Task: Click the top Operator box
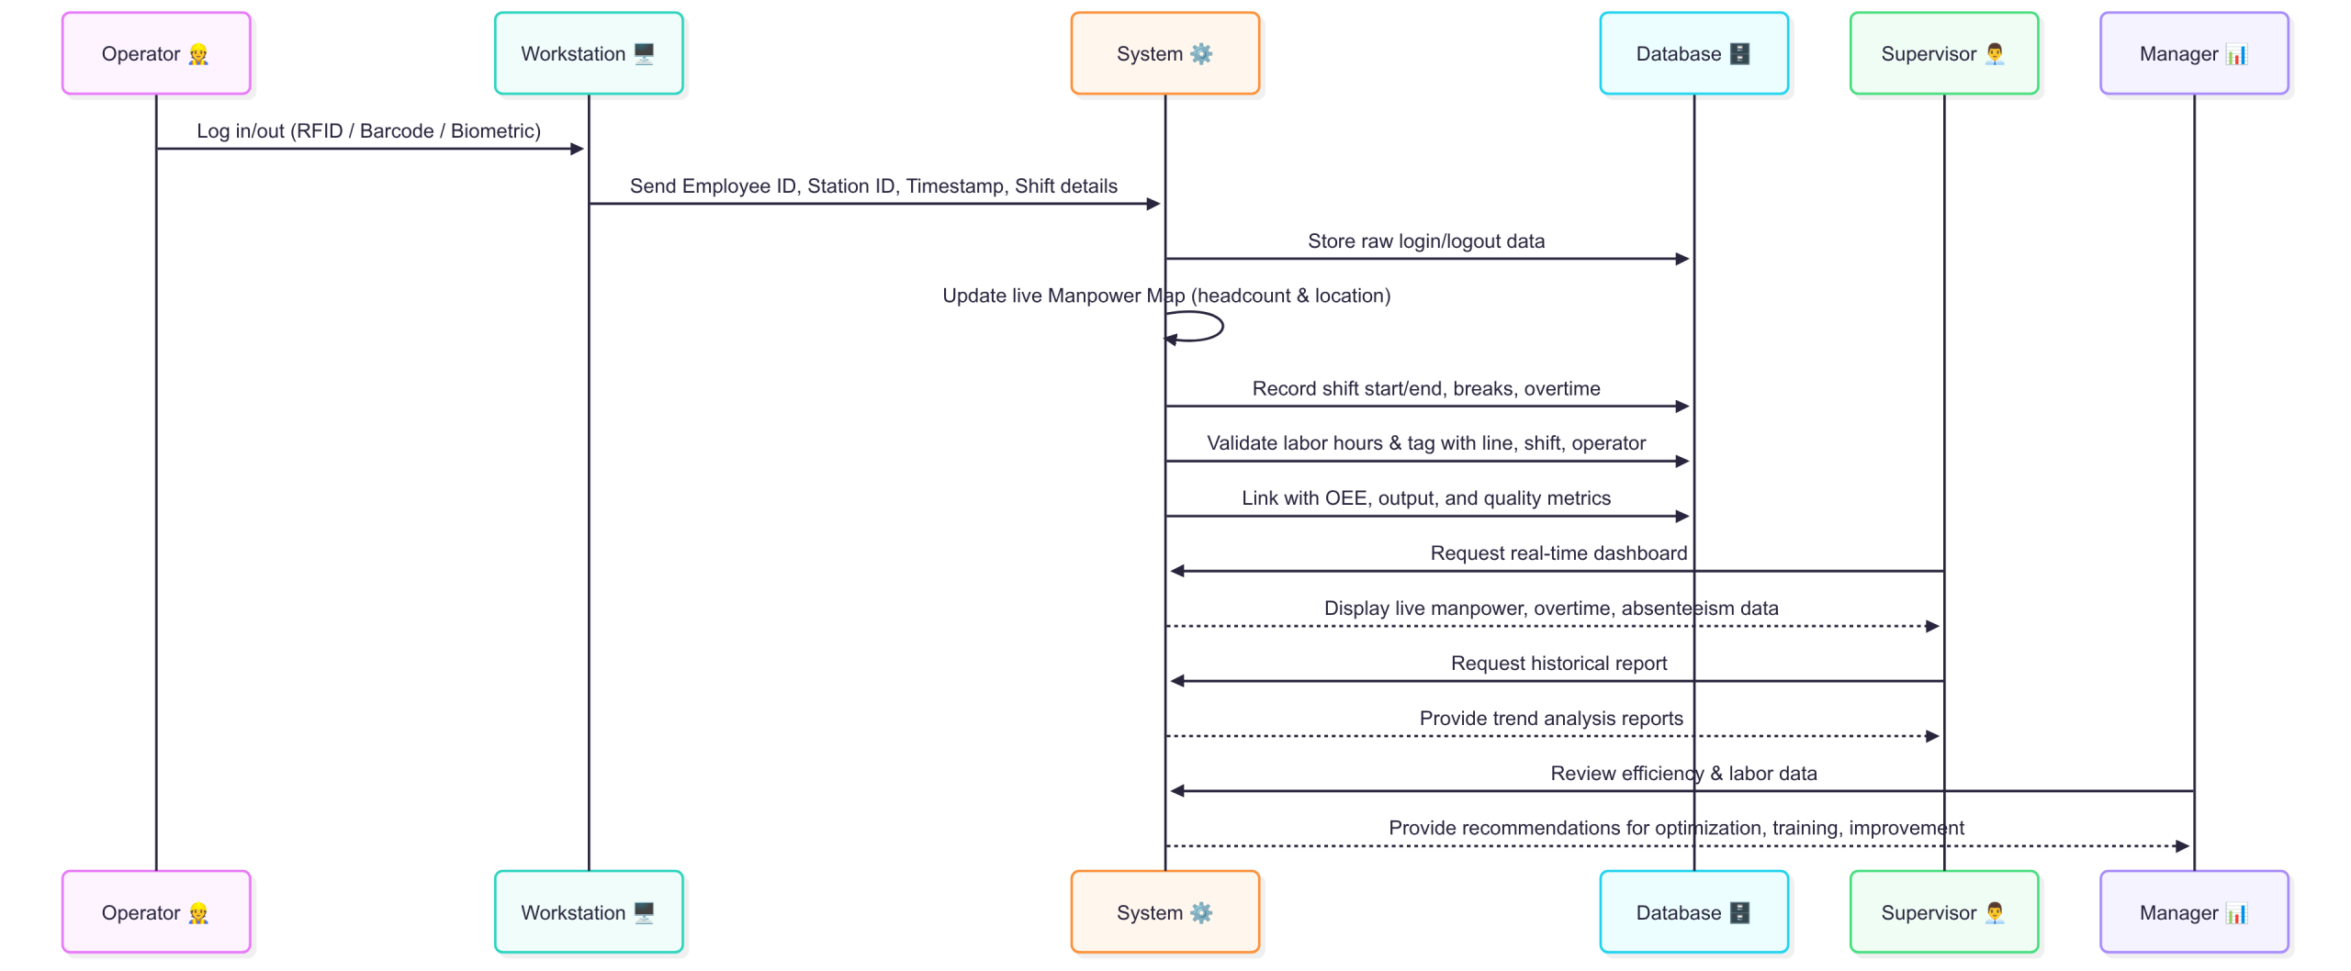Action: [156, 53]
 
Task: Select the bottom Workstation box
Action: [589, 911]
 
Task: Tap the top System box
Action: [1164, 53]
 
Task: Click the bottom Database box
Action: [1693, 911]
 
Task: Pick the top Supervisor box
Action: [1944, 53]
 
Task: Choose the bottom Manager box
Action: [2194, 911]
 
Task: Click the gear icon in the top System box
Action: [1201, 54]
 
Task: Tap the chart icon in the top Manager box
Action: [2236, 54]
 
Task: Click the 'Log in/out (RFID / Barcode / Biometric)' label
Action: [369, 131]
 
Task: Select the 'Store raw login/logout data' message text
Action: [1426, 241]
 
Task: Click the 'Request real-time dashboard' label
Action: [1558, 553]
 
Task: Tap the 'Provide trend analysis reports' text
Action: [1551, 719]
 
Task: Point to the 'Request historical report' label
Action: [1558, 664]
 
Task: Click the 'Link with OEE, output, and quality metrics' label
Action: [1426, 498]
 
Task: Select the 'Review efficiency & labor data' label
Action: [1683, 774]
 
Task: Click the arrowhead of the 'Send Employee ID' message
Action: [1154, 204]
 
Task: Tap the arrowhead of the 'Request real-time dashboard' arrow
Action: [1176, 571]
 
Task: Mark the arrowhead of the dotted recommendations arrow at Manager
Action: [2183, 846]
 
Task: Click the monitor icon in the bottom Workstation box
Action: [645, 912]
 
